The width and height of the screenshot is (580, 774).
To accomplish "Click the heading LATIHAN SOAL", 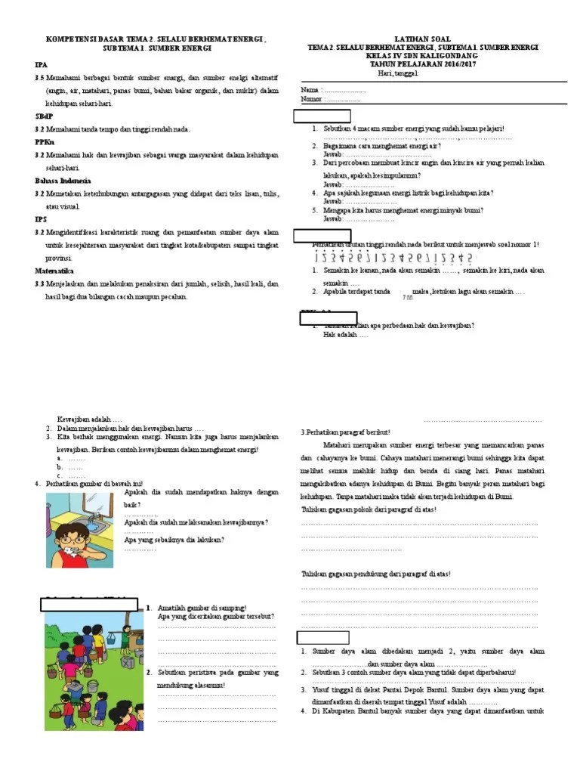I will (422, 38).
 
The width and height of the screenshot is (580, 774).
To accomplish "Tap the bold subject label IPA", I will (40, 66).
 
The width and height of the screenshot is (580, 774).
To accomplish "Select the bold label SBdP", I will (42, 117).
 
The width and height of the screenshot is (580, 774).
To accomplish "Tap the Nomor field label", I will (312, 99).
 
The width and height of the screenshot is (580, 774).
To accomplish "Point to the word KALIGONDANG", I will (448, 56).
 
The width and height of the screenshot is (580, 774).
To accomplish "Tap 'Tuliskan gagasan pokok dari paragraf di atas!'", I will (369, 509).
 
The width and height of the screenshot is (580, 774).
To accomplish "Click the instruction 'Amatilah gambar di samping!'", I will (202, 608).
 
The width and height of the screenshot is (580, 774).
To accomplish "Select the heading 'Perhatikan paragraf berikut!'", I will (347, 432).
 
